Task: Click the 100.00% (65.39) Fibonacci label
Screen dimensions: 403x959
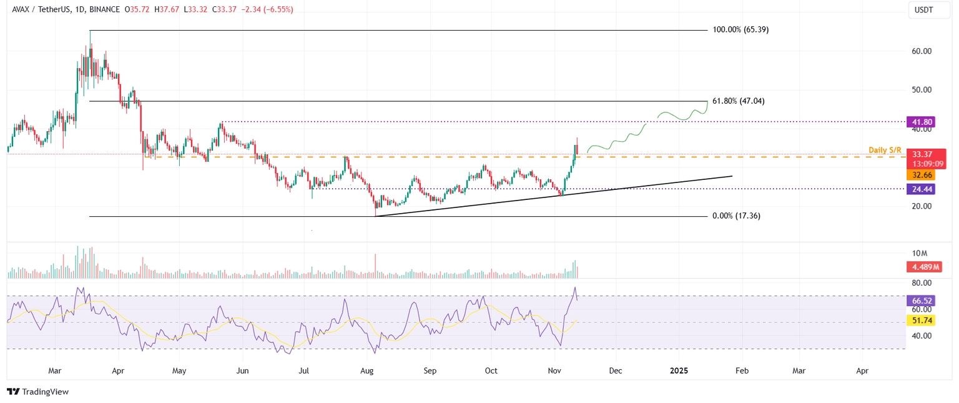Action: coord(740,29)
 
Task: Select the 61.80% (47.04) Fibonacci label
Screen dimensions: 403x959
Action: coord(739,101)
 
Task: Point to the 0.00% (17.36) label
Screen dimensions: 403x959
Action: coord(736,216)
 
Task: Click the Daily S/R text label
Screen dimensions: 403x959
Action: coord(885,150)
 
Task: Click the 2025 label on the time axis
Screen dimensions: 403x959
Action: coord(679,371)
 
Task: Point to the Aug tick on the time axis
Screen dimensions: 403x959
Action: coord(367,371)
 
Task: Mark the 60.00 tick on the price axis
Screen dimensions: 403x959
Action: coord(922,51)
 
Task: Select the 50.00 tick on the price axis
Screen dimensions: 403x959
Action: coord(922,90)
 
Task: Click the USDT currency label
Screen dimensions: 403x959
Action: coord(923,10)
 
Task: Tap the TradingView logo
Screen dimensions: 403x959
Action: coord(38,392)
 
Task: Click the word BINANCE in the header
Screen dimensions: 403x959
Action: coord(104,10)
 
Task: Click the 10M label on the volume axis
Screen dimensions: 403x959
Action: coord(920,253)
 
